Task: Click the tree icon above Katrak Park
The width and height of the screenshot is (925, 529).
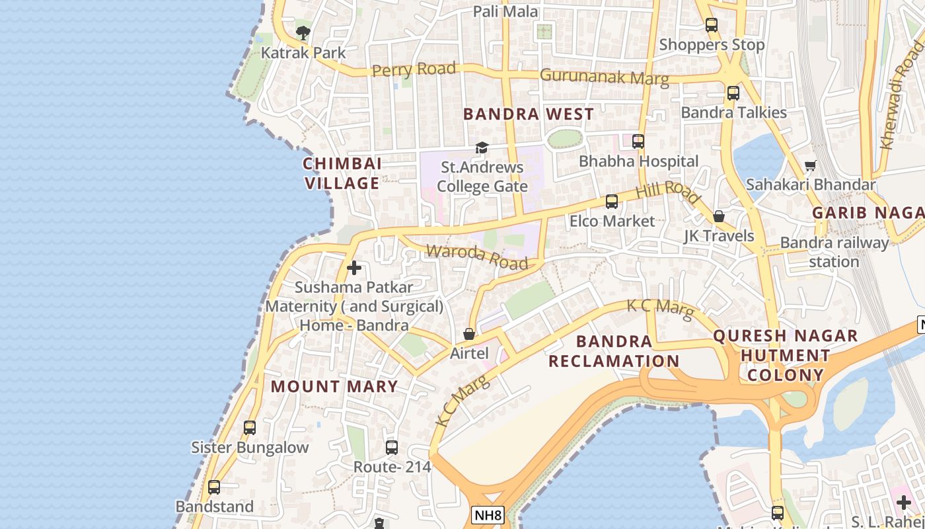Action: click(x=303, y=32)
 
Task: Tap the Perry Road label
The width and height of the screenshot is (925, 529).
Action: click(x=414, y=69)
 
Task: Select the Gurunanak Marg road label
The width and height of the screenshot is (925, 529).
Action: click(x=604, y=77)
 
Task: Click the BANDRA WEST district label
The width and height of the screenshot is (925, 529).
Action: click(x=529, y=114)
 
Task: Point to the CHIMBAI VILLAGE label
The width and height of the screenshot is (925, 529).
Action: click(x=342, y=173)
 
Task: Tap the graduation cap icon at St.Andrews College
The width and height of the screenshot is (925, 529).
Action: click(x=482, y=147)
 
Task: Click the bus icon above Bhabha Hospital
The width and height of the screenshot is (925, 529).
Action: click(x=638, y=141)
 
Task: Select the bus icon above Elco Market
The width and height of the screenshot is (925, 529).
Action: click(x=612, y=201)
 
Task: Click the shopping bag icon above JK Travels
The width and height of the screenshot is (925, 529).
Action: click(x=719, y=216)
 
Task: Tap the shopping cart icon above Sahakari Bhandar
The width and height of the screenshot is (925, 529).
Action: click(x=810, y=165)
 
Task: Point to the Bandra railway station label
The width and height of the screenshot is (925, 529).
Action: click(x=834, y=252)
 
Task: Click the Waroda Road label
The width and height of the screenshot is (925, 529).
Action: click(x=477, y=257)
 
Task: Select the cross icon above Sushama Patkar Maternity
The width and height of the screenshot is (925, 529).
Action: click(x=354, y=268)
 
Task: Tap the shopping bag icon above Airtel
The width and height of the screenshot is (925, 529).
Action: click(x=468, y=334)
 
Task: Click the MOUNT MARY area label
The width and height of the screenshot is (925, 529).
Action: click(x=335, y=386)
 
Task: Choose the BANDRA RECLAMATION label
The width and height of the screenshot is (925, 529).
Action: click(x=614, y=351)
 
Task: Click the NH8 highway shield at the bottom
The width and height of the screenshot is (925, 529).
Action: click(x=488, y=515)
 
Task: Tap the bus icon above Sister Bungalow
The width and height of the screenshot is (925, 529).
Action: click(x=249, y=428)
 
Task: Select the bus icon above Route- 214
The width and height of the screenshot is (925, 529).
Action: click(x=392, y=448)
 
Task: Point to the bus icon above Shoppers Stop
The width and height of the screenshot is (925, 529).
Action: click(x=712, y=25)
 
